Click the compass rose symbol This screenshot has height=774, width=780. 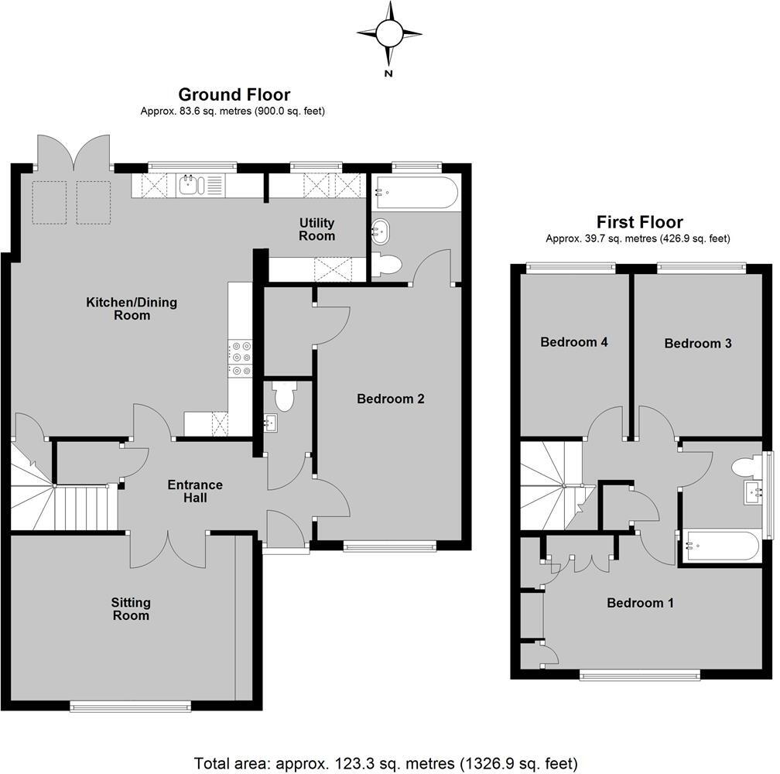[389, 33]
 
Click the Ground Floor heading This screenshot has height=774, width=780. [234, 94]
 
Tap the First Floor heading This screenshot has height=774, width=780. [639, 222]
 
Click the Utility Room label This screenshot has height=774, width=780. [317, 229]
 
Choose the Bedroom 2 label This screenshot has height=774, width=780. [391, 399]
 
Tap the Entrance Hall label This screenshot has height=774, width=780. [195, 491]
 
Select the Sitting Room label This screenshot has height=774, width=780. [130, 609]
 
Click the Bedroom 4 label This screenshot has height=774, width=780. [570, 342]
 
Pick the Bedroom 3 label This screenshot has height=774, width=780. [698, 343]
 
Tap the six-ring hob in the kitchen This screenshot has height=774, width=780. [240, 358]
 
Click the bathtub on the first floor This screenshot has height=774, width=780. [720, 546]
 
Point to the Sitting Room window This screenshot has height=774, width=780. [130, 705]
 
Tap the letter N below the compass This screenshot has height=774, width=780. [389, 74]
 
